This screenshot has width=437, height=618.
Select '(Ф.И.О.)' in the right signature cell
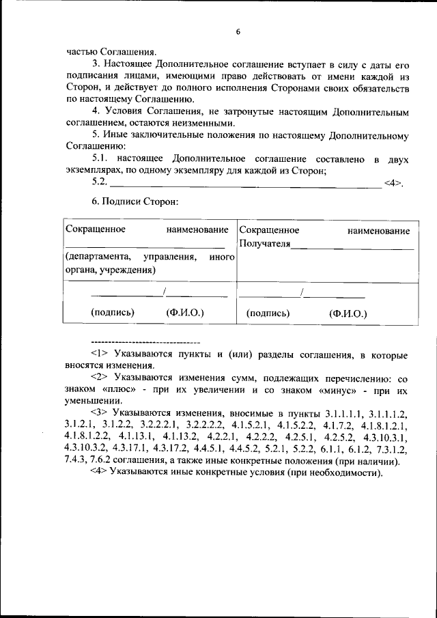click(x=348, y=313)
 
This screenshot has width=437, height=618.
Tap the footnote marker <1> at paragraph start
click(x=100, y=354)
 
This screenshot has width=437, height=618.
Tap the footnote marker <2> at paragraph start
click(x=100, y=378)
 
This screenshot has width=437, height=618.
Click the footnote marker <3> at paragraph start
click(x=100, y=413)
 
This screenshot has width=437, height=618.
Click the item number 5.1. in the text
click(x=102, y=159)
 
